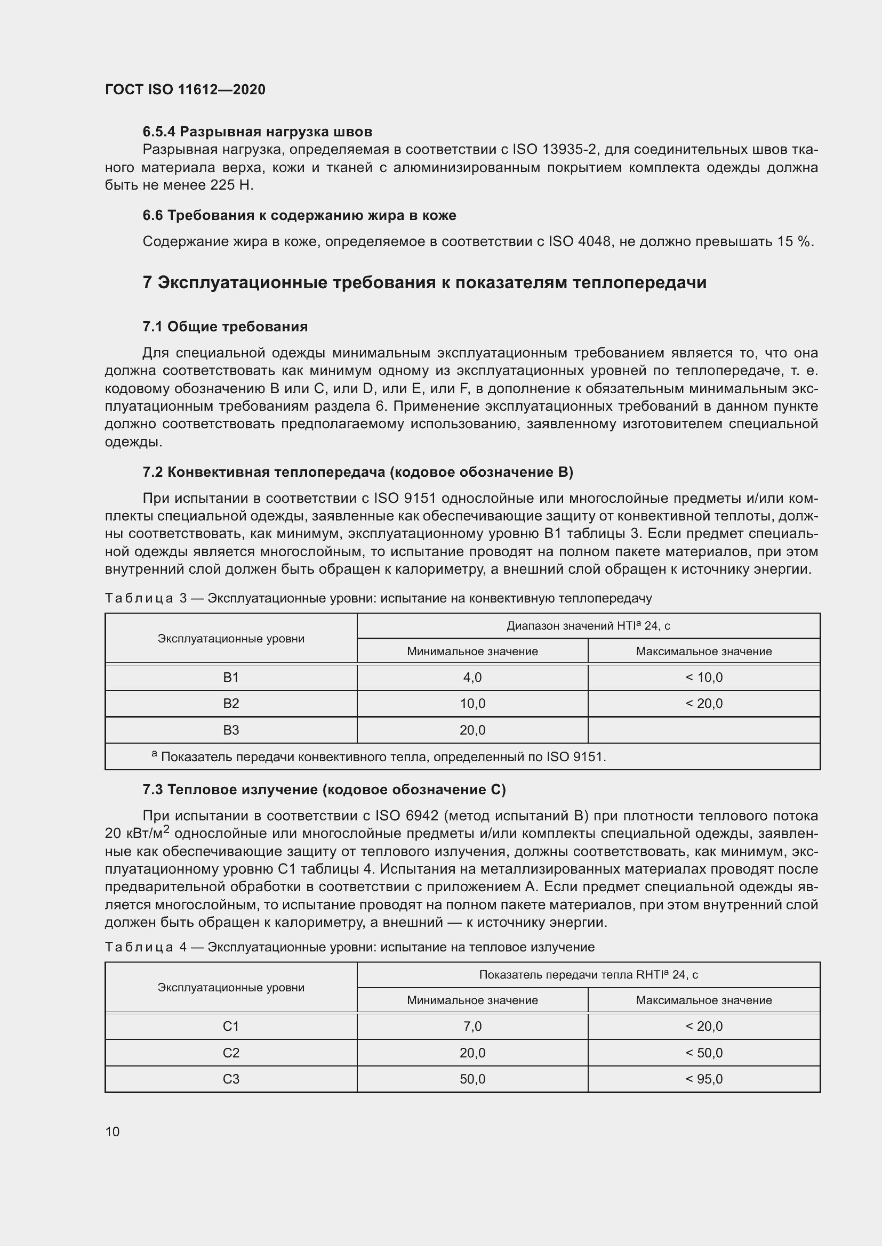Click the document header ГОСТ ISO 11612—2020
(185, 89)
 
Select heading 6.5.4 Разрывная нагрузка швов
(257, 132)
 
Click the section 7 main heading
(424, 283)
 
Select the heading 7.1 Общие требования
(225, 327)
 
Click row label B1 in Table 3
(231, 677)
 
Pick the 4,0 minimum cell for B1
(472, 677)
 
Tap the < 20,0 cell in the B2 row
(704, 704)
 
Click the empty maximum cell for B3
(704, 730)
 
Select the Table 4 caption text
(350, 947)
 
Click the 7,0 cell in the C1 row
(472, 1026)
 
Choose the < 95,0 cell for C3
(704, 1079)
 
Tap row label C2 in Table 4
(231, 1053)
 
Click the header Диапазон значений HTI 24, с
(588, 626)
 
